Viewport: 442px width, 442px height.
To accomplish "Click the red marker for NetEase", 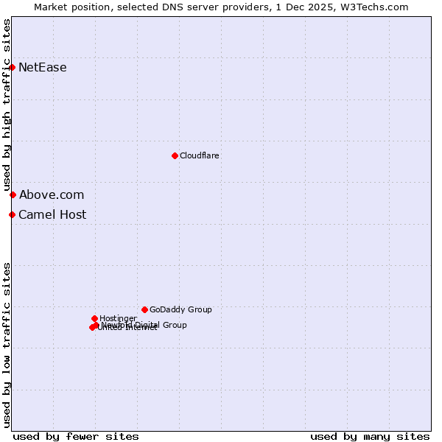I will click(x=13, y=68).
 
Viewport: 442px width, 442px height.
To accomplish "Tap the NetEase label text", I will click(x=43, y=68).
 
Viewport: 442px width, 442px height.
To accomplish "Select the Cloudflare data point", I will click(x=175, y=155).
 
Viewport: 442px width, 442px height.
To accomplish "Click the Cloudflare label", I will click(x=199, y=155).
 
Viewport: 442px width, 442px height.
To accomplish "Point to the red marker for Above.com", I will click(x=13, y=194).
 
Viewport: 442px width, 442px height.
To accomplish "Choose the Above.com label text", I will click(x=52, y=195).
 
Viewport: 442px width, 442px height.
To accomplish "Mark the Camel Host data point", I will click(x=13, y=214).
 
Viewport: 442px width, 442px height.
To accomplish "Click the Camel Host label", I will click(x=52, y=215).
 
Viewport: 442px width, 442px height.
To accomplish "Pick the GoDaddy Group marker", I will click(x=144, y=309).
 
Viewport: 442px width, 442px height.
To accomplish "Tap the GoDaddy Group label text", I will click(x=180, y=310).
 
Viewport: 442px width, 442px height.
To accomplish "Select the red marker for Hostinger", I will click(x=94, y=318).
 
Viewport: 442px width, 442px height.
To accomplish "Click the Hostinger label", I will click(x=118, y=319).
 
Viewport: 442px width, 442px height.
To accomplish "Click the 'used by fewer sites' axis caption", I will click(x=76, y=436).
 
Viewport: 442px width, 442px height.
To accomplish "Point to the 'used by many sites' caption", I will click(x=370, y=436).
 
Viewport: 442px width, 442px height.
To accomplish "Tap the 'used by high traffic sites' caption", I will click(x=7, y=105).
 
